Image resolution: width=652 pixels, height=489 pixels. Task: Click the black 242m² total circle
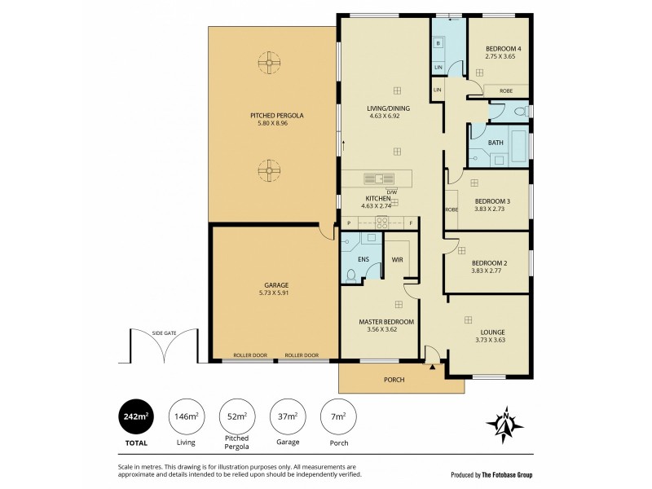click(x=135, y=416)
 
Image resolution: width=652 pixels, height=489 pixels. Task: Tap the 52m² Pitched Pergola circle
click(x=237, y=416)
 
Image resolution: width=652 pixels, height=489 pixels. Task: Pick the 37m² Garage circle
click(x=288, y=416)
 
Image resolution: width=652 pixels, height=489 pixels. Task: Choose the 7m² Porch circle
click(x=338, y=416)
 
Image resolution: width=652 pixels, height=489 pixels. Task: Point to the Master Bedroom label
click(x=386, y=322)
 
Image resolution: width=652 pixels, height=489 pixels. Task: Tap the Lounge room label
click(x=491, y=332)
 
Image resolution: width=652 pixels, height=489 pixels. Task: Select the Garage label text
click(x=276, y=284)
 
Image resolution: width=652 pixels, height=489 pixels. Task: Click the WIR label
click(x=397, y=260)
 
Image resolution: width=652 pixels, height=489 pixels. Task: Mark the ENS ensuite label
click(x=363, y=260)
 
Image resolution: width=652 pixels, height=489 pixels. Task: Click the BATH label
click(x=496, y=143)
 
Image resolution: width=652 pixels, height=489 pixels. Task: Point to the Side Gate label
click(x=164, y=333)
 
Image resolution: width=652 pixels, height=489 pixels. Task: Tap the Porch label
click(x=394, y=380)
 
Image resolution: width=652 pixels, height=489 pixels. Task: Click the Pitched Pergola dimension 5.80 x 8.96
click(x=276, y=123)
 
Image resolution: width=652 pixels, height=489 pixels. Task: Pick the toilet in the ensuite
click(x=351, y=275)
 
